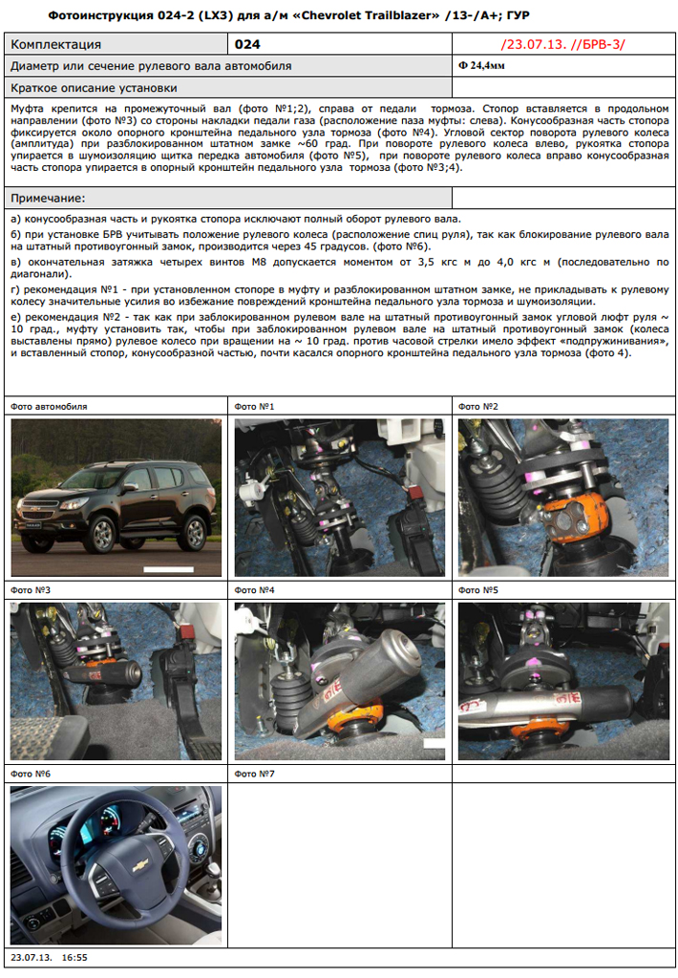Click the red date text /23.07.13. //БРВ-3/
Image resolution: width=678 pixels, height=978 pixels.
(563, 44)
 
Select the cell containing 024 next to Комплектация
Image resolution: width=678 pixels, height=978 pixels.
(340, 44)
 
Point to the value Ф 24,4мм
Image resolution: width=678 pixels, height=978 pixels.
(481, 66)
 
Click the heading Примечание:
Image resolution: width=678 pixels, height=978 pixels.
(48, 199)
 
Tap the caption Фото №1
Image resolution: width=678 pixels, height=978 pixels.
(254, 407)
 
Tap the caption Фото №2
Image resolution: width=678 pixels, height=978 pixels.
(478, 407)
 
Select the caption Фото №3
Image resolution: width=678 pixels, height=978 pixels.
(31, 590)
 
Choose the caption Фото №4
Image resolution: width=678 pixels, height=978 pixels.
(254, 590)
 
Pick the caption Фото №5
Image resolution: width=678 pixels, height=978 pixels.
(478, 590)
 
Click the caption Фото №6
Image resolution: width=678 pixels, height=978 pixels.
(31, 774)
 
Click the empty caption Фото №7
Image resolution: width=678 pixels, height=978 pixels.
(254, 774)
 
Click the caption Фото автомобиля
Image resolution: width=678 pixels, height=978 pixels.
(49, 407)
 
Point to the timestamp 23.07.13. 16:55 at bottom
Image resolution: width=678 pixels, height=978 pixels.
(50, 957)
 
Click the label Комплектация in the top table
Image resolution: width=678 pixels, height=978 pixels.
(56, 44)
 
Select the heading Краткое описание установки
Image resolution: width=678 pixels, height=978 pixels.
(95, 88)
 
